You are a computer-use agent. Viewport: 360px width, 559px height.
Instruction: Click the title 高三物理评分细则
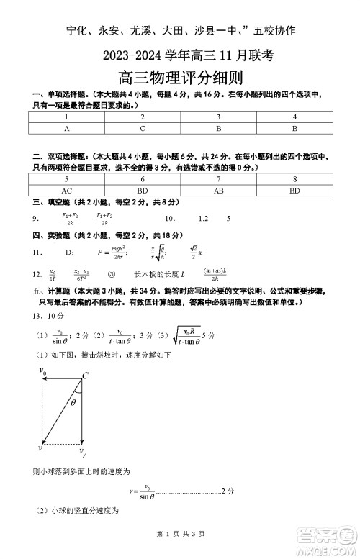click(180, 79)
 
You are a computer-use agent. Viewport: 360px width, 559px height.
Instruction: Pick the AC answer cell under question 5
click(66, 191)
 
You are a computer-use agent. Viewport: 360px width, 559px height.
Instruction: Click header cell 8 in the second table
click(294, 180)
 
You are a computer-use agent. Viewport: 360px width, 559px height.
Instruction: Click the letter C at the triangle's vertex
click(85, 376)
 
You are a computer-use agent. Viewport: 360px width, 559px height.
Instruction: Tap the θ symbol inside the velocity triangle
click(73, 403)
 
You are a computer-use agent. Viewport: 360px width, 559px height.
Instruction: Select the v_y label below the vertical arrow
click(83, 453)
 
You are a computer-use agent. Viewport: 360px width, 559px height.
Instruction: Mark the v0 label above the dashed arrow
click(44, 372)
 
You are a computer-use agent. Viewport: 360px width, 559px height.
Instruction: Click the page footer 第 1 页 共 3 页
click(180, 534)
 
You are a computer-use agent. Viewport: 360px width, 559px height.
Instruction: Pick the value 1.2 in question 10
click(203, 218)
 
